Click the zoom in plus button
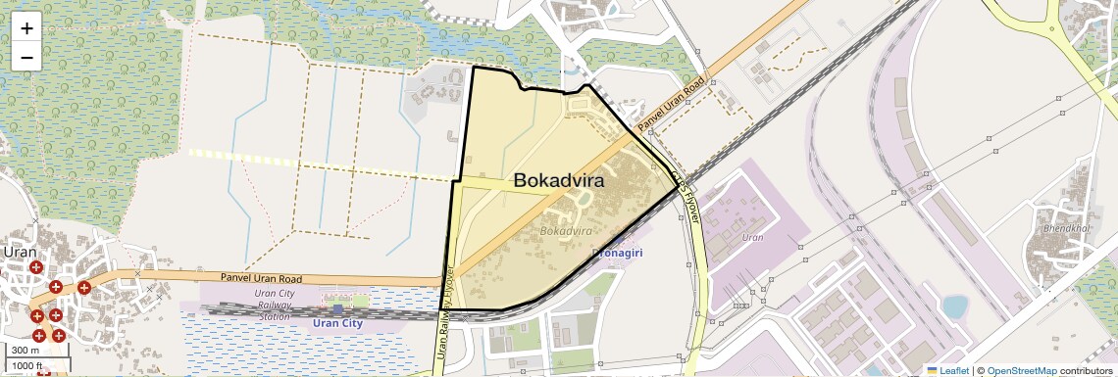(x=26, y=28)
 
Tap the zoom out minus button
(x=26, y=57)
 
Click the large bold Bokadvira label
(x=558, y=181)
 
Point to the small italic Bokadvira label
(x=566, y=231)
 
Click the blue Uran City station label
(x=337, y=323)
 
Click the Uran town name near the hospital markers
(x=19, y=251)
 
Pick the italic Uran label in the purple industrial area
(x=753, y=238)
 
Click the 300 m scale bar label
(x=25, y=351)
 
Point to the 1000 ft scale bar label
(x=27, y=366)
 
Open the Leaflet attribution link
(x=947, y=370)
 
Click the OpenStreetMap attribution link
(x=1021, y=370)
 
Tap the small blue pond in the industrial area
(x=953, y=307)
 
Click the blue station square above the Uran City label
(x=337, y=309)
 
